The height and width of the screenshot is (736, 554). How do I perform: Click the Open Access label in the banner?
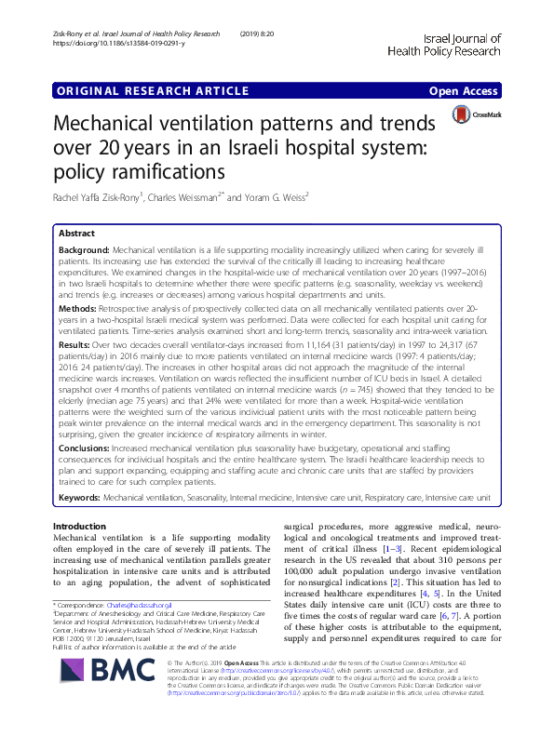(465, 91)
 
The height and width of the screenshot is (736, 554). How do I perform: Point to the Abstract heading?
(76, 234)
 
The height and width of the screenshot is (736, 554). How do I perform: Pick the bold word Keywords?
(79, 499)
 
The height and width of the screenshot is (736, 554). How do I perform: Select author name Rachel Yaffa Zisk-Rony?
(97, 198)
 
